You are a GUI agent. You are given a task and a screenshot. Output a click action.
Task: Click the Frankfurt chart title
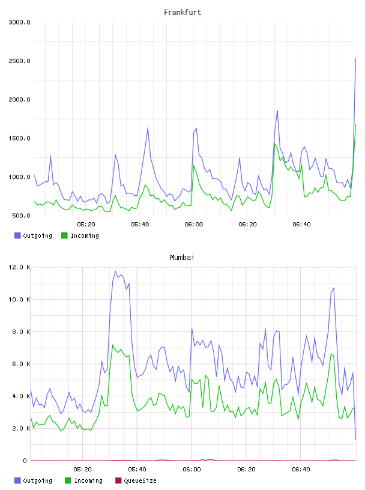tap(182, 12)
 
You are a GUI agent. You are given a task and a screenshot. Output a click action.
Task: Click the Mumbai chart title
tap(182, 257)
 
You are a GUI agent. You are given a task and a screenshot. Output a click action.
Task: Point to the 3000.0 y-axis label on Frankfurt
tap(19, 22)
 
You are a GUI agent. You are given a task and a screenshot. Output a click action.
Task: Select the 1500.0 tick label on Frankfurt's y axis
tap(19, 138)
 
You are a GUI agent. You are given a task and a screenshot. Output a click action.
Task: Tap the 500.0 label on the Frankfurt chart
tap(21, 216)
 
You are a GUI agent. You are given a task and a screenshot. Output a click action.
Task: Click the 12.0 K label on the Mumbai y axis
tap(19, 267)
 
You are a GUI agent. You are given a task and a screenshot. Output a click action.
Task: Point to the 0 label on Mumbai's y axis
tap(25, 461)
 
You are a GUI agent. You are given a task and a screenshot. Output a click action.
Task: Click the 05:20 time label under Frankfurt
tap(86, 224)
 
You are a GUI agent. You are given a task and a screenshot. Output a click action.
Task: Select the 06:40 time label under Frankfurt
tap(301, 224)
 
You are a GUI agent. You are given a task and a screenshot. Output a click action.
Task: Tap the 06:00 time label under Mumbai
tap(192, 469)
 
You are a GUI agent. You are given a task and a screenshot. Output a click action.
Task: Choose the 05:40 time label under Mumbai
tap(137, 469)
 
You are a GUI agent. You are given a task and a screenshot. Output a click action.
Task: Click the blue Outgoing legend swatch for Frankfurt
tap(17, 235)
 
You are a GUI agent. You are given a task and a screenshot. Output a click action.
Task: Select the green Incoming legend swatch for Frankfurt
tap(64, 235)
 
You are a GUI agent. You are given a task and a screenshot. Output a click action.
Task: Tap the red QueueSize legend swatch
tap(118, 480)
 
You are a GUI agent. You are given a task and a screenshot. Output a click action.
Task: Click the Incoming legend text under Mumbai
tap(88, 480)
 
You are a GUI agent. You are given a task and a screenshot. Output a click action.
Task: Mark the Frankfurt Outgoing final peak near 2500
tap(355, 58)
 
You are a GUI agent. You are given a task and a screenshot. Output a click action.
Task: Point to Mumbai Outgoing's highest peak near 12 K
tap(115, 271)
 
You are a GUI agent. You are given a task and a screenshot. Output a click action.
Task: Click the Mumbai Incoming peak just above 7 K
tap(112, 345)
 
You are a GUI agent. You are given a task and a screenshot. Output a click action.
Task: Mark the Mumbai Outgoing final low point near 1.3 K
tap(355, 439)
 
